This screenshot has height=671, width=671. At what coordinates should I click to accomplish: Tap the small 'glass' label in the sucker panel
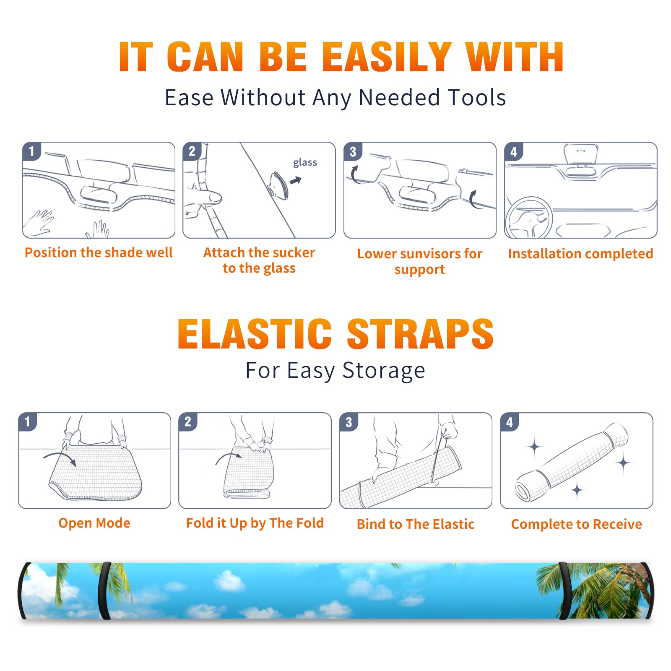305,163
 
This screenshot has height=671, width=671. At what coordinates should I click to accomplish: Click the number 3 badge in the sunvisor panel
353,151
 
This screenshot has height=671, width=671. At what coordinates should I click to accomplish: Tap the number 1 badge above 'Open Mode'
27,421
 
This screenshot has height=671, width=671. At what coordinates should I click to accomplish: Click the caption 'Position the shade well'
99,252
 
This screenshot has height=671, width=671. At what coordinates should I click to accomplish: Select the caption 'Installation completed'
580,254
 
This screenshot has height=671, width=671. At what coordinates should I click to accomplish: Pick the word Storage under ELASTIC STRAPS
384,371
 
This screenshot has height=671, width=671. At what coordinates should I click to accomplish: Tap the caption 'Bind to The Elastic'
415,524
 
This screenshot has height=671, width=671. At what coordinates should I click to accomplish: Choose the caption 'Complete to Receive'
577,524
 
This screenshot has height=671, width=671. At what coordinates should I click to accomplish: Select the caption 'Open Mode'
94,523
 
